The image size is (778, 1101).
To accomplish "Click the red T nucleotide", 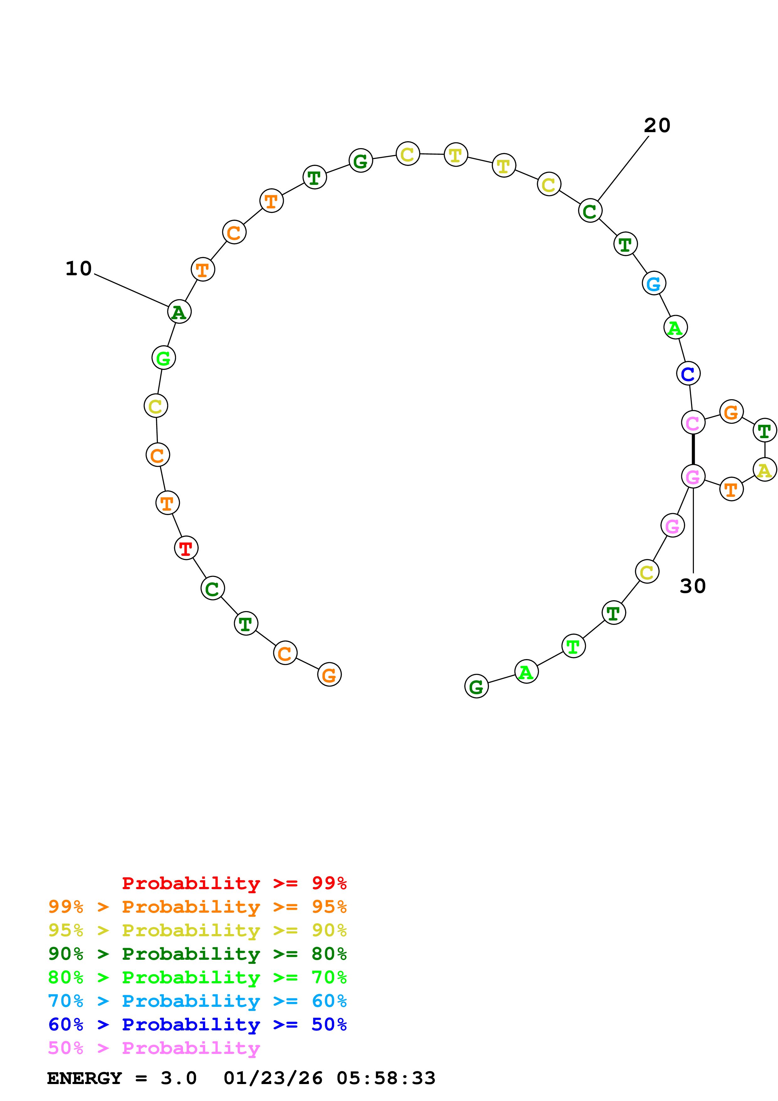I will (x=186, y=548).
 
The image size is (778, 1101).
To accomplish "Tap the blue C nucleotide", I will (x=688, y=373).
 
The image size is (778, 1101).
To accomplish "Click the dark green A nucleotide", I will (x=179, y=312).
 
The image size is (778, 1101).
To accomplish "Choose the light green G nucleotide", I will (x=164, y=358).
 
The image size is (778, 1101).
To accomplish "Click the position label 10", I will (x=78, y=269).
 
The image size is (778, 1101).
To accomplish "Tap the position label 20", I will (x=657, y=126).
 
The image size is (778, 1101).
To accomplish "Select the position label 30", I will (x=693, y=586).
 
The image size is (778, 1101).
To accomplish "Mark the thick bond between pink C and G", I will (x=693, y=449).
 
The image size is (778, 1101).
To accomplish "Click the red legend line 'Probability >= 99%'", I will (x=234, y=883).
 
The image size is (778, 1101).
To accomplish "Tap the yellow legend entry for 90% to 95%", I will (x=197, y=930).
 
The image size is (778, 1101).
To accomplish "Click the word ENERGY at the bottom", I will (x=84, y=1078).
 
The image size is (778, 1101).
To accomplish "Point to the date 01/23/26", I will (x=273, y=1078).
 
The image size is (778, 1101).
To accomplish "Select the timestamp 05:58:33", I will (x=386, y=1078).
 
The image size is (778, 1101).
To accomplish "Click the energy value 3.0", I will (x=178, y=1078).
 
